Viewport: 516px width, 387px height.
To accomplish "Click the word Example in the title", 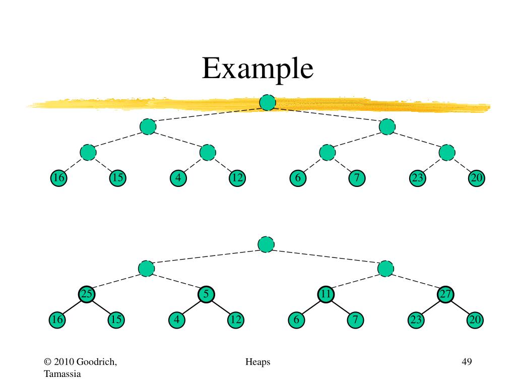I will click(x=257, y=69).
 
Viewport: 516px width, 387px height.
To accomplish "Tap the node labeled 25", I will click(x=87, y=294).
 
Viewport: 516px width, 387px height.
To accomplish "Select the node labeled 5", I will click(x=206, y=294).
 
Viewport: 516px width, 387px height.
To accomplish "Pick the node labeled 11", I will click(x=326, y=294).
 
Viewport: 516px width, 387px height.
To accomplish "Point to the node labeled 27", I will click(x=446, y=294).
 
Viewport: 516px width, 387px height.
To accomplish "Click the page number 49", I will click(x=466, y=362).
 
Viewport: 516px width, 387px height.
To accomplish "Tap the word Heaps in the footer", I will click(x=258, y=362).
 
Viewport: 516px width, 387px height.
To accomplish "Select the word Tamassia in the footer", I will click(x=62, y=373).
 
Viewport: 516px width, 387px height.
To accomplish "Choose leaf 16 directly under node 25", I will click(x=57, y=320).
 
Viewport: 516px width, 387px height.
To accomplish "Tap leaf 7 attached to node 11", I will click(x=356, y=320).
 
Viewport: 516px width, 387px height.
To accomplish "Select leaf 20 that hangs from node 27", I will click(x=475, y=320).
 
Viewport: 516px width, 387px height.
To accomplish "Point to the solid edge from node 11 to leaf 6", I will click(x=311, y=307).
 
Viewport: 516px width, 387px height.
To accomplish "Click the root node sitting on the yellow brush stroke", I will click(x=267, y=103).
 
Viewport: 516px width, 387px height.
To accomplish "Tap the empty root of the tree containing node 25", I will click(x=266, y=244).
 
